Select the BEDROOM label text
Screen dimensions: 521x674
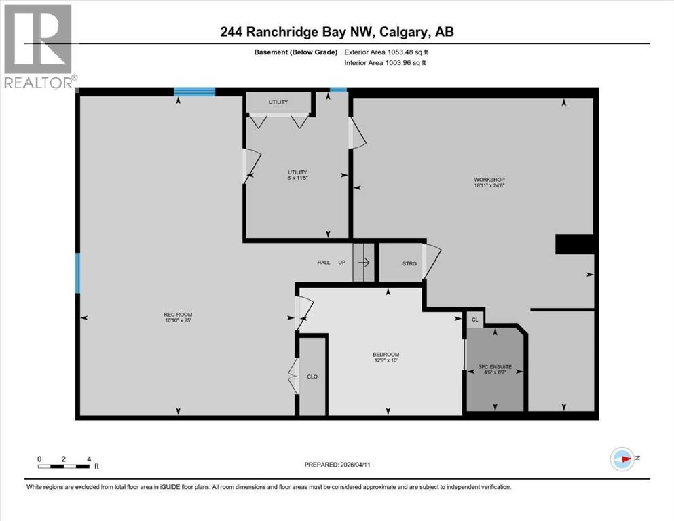click(x=386, y=355)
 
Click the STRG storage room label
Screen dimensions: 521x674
click(x=409, y=263)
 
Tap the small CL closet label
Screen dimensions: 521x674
click(x=474, y=320)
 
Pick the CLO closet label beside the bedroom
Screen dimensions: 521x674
click(x=312, y=377)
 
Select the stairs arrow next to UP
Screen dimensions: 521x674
click(x=364, y=263)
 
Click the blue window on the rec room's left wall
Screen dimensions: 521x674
click(x=77, y=273)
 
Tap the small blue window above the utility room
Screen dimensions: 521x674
click(x=338, y=90)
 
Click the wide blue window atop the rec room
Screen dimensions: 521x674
click(x=194, y=92)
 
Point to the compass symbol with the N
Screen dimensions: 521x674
click(x=622, y=459)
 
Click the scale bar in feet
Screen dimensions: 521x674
click(x=64, y=466)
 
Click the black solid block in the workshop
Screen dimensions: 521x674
click(x=575, y=244)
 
